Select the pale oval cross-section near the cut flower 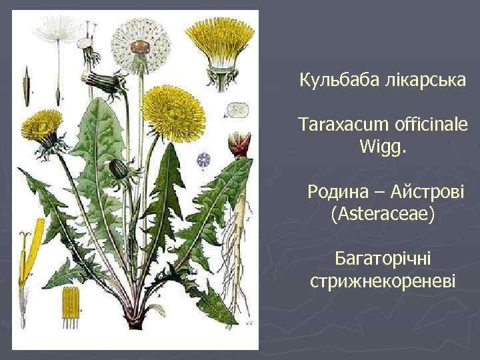237,109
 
